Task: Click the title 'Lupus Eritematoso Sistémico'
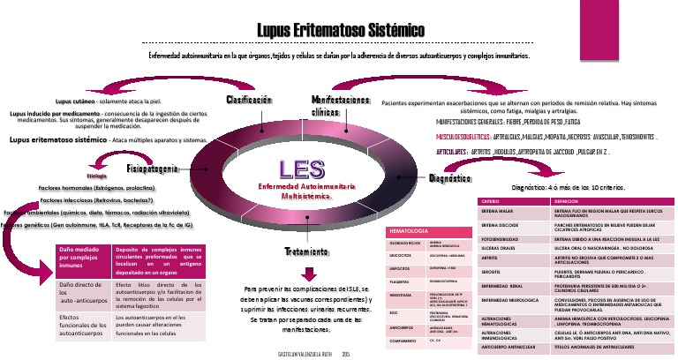(x=340, y=31)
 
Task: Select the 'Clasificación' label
(x=249, y=100)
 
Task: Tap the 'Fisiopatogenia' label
(x=154, y=168)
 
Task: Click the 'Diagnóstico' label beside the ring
(x=448, y=179)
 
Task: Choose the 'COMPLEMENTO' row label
(x=404, y=340)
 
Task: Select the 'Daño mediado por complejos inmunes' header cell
(x=83, y=257)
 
